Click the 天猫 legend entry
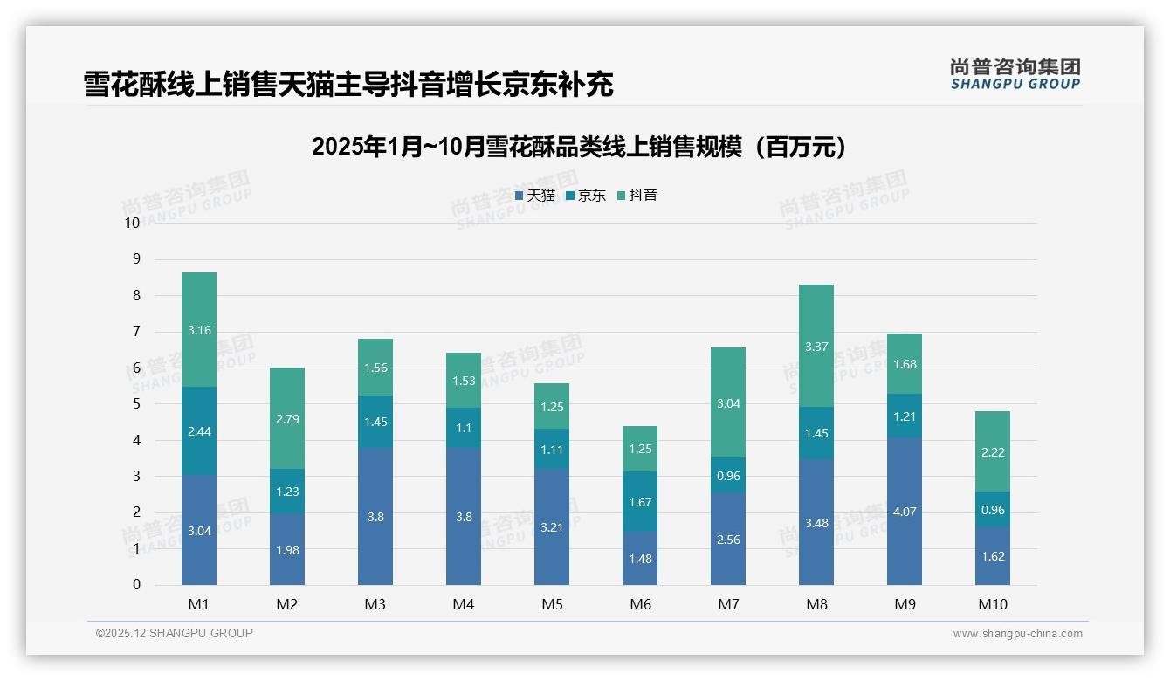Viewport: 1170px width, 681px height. (535, 196)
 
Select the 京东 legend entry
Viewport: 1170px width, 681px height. (586, 196)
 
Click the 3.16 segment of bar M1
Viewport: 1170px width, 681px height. (199, 330)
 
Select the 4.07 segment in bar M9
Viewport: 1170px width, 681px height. (905, 512)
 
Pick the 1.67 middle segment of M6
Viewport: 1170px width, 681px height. (640, 502)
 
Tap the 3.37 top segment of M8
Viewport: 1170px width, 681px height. (816, 347)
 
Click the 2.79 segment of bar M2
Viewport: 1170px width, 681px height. (287, 419)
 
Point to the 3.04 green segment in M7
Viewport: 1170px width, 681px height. (728, 403)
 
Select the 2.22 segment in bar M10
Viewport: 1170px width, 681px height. (993, 451)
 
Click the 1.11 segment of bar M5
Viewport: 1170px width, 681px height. (552, 449)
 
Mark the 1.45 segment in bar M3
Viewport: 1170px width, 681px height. (375, 422)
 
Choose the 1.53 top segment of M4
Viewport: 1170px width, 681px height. (464, 381)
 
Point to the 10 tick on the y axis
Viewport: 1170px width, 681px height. (132, 223)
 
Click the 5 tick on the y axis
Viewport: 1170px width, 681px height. (135, 404)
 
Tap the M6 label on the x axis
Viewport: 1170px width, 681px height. (640, 604)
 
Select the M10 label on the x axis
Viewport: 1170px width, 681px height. (993, 604)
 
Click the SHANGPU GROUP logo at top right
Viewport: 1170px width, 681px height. (1015, 74)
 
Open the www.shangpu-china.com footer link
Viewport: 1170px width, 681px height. (1017, 634)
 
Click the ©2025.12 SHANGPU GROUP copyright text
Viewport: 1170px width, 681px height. (175, 634)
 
